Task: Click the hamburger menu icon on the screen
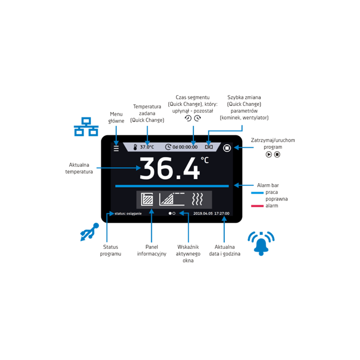116,148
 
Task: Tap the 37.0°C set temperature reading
147,147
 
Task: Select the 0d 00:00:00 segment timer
185,147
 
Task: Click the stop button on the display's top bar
227,148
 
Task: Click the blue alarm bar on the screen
172,186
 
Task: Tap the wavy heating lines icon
197,199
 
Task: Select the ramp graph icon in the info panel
172,199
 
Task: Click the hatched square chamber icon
147,199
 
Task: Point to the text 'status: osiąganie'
128,213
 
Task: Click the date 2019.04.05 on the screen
203,213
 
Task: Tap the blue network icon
86,127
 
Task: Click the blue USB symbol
89,232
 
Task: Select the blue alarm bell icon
261,244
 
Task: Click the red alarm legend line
257,206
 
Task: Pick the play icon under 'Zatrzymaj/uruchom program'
268,154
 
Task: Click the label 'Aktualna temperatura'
79,168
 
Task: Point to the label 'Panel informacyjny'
152,250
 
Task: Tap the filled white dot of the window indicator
170,213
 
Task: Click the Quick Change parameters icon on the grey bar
209,147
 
